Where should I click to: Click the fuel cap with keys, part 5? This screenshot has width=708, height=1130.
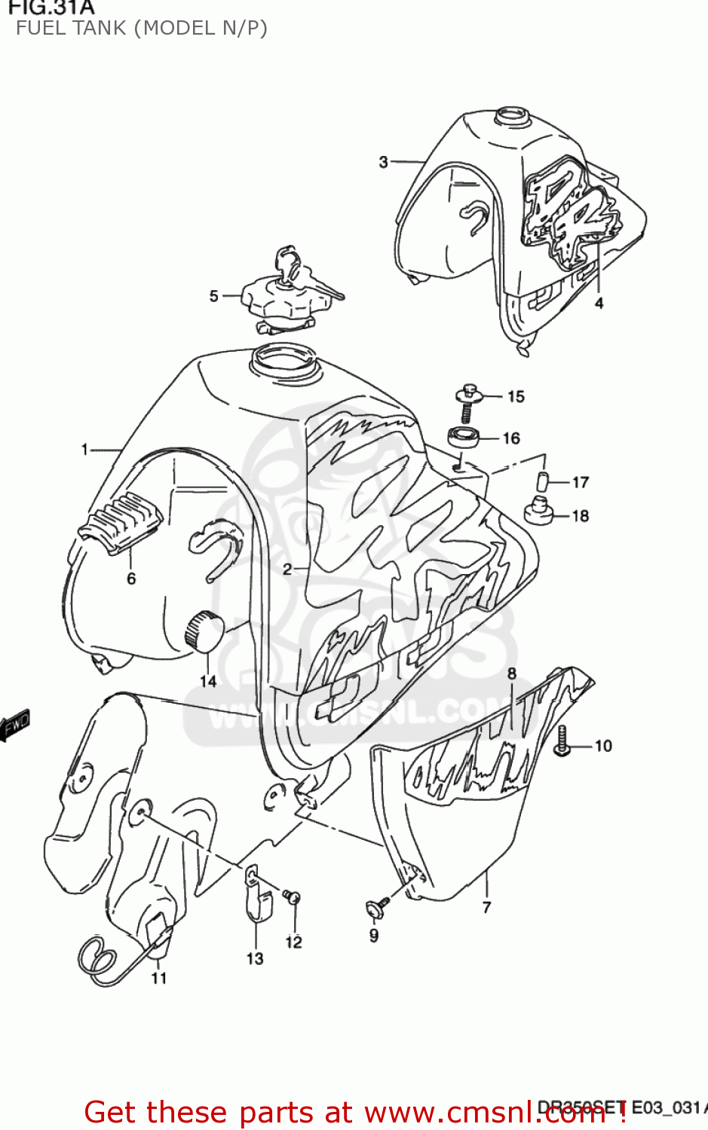tap(285, 298)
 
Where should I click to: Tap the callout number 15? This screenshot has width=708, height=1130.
tap(516, 397)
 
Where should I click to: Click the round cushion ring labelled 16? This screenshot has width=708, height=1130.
tap(464, 438)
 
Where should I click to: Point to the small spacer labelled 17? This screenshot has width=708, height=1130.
tap(544, 481)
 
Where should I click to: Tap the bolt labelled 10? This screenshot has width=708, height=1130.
tap(561, 743)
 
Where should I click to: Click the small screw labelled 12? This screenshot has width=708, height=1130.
tap(293, 896)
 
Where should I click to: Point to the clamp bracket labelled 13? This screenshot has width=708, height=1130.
tap(256, 893)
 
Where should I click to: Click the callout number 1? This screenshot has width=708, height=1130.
tap(85, 450)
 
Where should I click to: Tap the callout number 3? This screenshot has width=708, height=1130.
tap(383, 161)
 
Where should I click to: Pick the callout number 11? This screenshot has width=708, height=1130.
tap(158, 978)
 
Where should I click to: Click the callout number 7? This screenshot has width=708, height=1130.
tap(487, 907)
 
